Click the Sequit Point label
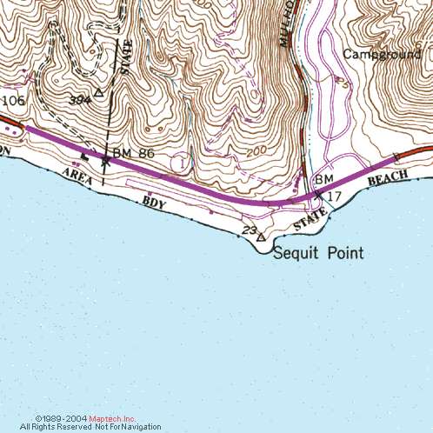(318, 254)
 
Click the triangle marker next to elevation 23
(260, 236)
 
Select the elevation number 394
(80, 100)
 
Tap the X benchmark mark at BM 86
(106, 160)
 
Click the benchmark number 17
(335, 197)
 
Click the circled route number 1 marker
(180, 162)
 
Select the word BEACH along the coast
(388, 178)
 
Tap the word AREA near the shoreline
(77, 178)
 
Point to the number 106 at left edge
(12, 101)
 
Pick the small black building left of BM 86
(85, 157)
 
